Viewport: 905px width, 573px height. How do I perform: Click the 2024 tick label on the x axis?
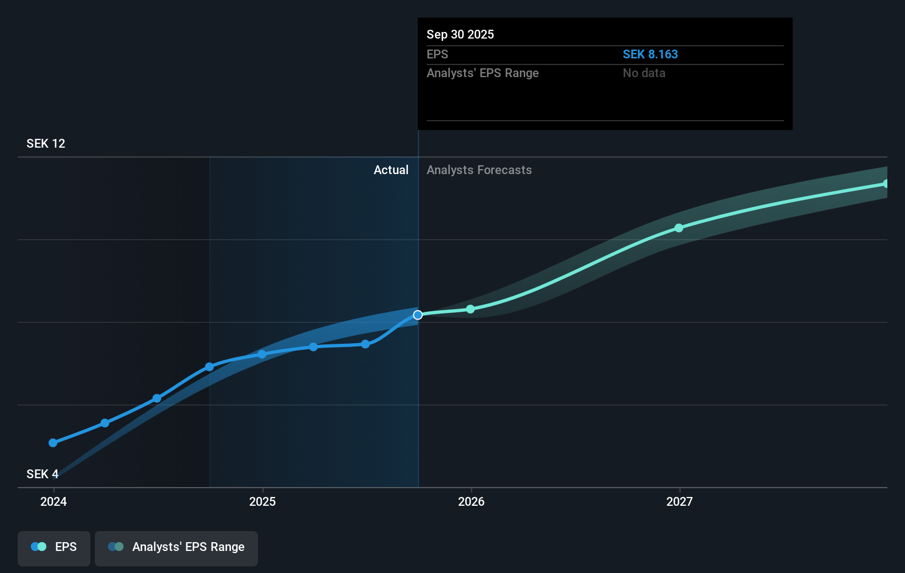pos(53,501)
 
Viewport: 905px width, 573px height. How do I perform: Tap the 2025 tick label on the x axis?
pos(262,501)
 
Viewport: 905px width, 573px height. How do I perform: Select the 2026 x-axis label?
pos(471,501)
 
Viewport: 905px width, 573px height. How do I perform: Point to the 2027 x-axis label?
pos(680,501)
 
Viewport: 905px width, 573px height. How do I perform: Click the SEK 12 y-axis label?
pos(46,144)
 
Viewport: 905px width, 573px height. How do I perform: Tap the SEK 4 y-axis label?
pos(42,474)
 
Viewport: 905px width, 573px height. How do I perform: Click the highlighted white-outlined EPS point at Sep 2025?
pos(418,315)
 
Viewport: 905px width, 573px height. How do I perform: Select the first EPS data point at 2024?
pos(53,443)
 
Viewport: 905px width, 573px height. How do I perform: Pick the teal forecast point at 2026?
pos(470,310)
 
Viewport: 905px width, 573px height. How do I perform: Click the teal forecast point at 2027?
pos(679,228)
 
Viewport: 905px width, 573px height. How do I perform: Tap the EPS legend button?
pos(54,547)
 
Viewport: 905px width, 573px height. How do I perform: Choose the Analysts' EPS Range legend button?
pos(176,547)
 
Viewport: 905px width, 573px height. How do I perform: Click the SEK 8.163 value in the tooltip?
pos(650,55)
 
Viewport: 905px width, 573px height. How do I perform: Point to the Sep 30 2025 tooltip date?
pos(460,35)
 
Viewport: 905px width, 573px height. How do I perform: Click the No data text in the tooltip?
pos(644,73)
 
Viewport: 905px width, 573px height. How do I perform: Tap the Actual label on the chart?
pos(391,170)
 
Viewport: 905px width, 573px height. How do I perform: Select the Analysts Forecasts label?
pos(479,170)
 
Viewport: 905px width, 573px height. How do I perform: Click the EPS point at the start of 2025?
pos(262,354)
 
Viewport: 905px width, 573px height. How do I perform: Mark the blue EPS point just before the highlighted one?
pos(365,344)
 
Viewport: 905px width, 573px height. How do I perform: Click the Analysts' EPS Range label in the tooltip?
pos(482,73)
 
